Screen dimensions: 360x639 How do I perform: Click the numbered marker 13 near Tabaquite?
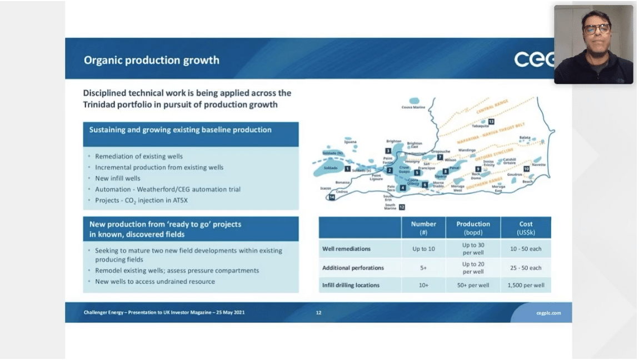point(491,121)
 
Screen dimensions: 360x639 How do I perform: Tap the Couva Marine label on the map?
point(412,107)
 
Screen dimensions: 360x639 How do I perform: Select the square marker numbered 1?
point(347,168)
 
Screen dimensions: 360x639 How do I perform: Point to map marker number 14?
point(332,197)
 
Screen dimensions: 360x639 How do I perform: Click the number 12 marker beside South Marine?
point(402,207)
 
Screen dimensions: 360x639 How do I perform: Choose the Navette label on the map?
point(538,164)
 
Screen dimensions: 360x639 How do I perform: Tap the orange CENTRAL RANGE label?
point(492,110)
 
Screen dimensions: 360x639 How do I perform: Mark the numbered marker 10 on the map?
point(526,168)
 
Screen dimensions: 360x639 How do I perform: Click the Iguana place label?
point(351,142)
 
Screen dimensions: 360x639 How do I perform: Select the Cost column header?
point(526,227)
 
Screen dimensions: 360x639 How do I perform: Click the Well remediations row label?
point(346,248)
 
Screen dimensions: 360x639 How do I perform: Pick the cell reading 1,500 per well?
point(526,285)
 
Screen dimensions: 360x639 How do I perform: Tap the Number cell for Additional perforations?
point(423,268)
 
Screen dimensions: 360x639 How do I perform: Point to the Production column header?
point(473,227)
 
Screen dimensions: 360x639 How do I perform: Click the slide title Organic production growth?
point(151,60)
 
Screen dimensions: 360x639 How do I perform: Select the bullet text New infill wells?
point(118,178)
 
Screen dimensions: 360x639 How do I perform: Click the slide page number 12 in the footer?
point(318,313)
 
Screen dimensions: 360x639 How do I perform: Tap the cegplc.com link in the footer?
point(548,313)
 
